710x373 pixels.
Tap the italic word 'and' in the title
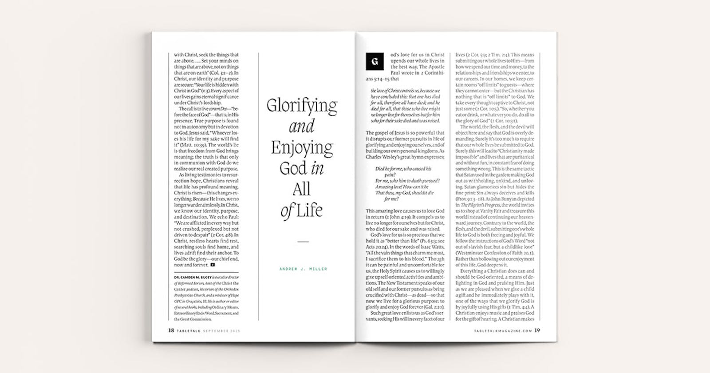(x=302, y=127)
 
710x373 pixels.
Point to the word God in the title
(x=293, y=169)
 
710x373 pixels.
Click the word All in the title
(x=301, y=189)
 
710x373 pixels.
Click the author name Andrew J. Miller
(x=303, y=269)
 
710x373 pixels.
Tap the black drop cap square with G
(x=374, y=62)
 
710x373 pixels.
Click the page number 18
(x=171, y=330)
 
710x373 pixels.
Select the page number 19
(x=537, y=330)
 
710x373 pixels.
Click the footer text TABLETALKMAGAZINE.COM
(x=502, y=331)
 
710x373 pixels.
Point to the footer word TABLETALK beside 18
(x=190, y=331)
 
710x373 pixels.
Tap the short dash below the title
(x=303, y=242)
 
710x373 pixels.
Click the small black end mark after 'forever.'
(x=213, y=265)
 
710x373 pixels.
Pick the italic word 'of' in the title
(x=287, y=211)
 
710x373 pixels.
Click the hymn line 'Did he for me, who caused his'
(x=403, y=169)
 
